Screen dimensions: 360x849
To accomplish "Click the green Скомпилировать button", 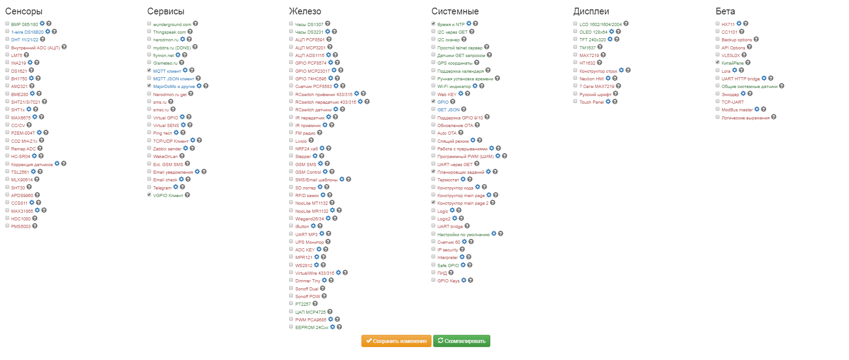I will [x=462, y=341].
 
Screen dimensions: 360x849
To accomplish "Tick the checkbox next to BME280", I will [x=7, y=94].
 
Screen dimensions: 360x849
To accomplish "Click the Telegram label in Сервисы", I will [x=162, y=188].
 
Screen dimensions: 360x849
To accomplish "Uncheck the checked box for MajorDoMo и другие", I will [x=149, y=86].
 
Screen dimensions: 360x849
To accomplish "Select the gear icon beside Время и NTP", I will [x=469, y=24].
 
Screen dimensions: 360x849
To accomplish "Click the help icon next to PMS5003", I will [x=35, y=226].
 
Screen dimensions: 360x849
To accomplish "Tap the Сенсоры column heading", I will [x=24, y=12].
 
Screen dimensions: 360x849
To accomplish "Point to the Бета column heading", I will [x=725, y=12].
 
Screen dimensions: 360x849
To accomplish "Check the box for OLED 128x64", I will [x=576, y=31].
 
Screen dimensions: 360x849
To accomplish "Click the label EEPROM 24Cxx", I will [x=312, y=328].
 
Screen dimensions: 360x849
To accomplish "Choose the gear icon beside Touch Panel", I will [x=608, y=102].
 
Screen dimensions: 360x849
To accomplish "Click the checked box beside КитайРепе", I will [x=717, y=62].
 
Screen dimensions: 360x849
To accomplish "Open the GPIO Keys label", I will [x=448, y=281].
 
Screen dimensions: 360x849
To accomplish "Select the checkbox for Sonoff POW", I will [x=291, y=296].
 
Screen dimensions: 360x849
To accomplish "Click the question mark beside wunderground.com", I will [x=195, y=24].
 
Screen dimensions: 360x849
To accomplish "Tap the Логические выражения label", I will [x=745, y=118].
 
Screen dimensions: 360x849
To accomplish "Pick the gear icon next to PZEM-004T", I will [x=39, y=133].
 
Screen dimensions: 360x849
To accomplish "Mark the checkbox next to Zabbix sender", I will [x=149, y=148].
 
